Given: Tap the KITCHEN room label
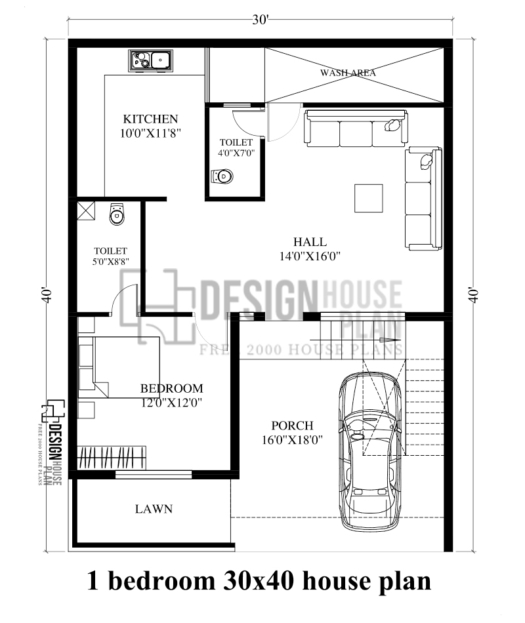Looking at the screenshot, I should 150,119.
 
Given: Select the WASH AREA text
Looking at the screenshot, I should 348,73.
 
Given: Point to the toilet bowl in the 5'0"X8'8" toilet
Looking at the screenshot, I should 117,213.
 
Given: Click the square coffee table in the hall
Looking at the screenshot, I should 369,199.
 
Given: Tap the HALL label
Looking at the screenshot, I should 310,242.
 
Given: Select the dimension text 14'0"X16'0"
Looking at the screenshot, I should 310,256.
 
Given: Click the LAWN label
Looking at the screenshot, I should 154,508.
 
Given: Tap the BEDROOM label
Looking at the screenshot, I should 171,388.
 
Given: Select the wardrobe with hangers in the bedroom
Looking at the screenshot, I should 112,457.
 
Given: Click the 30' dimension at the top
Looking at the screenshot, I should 261,20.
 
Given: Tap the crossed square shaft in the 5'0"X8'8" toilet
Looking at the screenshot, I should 87,211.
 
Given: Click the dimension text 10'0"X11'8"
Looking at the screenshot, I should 150,132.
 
